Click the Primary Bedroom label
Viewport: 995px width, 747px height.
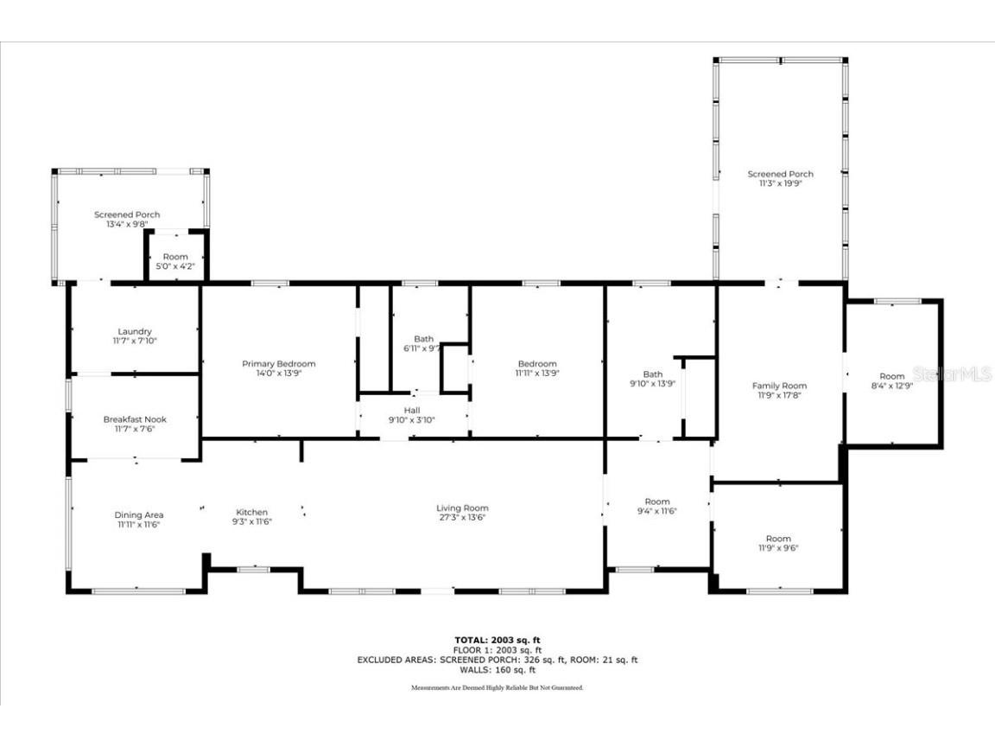(278, 364)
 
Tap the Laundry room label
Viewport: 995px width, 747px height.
(135, 331)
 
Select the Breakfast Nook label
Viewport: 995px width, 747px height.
(135, 419)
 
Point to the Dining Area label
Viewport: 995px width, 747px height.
(139, 515)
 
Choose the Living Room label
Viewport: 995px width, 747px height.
(462, 508)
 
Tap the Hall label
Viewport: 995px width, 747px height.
(412, 410)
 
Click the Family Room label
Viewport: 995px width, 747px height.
(779, 386)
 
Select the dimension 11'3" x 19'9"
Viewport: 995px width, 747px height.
(780, 184)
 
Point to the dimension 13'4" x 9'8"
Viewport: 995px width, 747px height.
(127, 224)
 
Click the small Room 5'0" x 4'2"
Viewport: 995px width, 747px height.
(175, 262)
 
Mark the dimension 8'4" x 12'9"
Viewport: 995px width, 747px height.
(892, 386)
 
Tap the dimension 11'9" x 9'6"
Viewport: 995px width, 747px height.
(778, 548)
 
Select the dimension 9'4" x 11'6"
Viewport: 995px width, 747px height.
(657, 511)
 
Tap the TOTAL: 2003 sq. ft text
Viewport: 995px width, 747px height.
(497, 640)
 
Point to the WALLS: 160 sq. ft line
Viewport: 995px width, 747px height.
(497, 669)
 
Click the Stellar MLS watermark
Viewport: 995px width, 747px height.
(965, 374)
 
